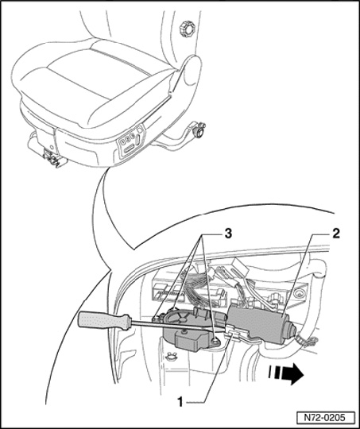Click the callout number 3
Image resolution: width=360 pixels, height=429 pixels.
(228, 234)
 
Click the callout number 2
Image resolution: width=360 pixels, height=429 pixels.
(335, 234)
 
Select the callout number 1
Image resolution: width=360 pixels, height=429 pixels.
(180, 402)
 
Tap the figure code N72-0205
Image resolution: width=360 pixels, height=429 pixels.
(325, 418)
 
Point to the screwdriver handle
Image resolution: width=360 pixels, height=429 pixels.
(104, 321)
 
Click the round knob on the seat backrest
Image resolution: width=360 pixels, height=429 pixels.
(188, 29)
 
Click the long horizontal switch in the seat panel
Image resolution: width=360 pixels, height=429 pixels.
(129, 149)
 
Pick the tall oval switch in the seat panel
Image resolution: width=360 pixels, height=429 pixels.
(139, 140)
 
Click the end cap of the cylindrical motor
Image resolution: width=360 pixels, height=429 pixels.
(290, 330)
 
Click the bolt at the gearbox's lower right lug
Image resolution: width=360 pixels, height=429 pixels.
(215, 340)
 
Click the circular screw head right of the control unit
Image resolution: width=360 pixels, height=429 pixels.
(297, 294)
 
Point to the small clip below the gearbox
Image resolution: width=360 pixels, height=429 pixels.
(172, 357)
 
